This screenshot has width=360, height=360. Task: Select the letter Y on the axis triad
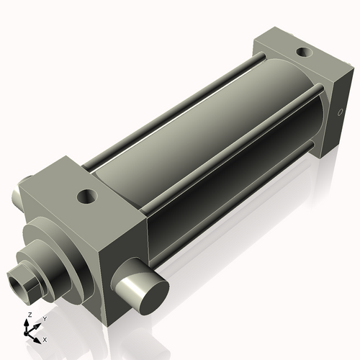pyautogui.click(x=44, y=318)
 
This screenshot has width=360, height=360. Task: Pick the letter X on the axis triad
pyautogui.click(x=45, y=338)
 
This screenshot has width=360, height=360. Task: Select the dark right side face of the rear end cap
pyautogui.click(x=336, y=115)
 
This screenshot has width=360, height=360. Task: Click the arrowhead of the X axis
pyautogui.click(x=38, y=336)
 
